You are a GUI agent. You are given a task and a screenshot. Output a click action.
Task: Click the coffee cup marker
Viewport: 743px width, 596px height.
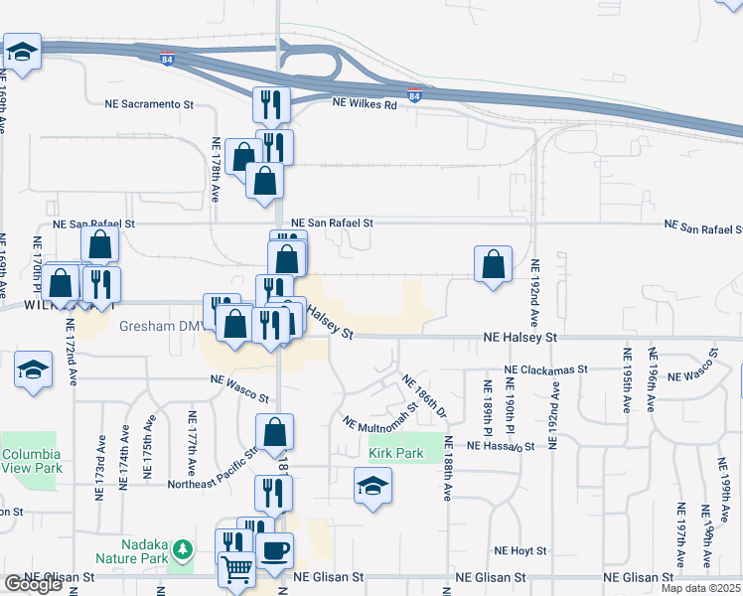(x=274, y=551)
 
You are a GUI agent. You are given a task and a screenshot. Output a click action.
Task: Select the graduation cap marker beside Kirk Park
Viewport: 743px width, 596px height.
(x=372, y=487)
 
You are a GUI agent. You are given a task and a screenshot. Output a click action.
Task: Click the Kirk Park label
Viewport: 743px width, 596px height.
(x=396, y=454)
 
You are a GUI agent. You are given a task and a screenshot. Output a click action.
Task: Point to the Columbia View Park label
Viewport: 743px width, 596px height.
(x=32, y=460)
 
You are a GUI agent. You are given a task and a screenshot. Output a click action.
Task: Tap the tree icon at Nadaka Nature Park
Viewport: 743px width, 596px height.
(x=182, y=549)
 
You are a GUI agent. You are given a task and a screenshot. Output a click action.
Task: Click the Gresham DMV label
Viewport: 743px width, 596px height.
(x=160, y=326)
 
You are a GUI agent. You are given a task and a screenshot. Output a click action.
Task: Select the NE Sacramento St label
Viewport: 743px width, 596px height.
(x=149, y=103)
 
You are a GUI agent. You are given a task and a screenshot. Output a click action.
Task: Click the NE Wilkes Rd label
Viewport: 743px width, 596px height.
(x=364, y=102)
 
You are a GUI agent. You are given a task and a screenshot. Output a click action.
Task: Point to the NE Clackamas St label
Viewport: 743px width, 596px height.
(x=546, y=370)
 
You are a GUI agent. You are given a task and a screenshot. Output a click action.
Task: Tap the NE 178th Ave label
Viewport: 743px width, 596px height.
(x=215, y=165)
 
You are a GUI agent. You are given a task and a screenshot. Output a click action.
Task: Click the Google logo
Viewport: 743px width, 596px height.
(x=33, y=585)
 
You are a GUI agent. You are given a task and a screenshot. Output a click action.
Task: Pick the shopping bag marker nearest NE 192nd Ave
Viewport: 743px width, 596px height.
(x=493, y=264)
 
